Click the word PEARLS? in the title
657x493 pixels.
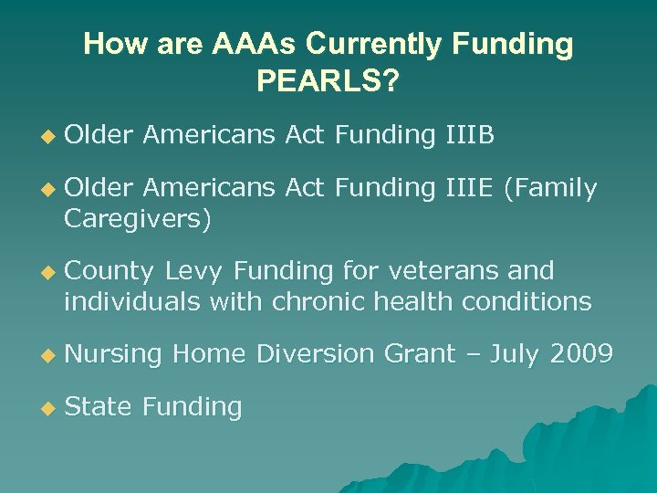[x=328, y=82]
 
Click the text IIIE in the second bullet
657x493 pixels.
[x=469, y=189]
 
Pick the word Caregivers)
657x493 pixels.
[x=137, y=219]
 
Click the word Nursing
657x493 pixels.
[x=113, y=353]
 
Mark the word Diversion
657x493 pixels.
[x=315, y=353]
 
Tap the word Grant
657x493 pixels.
[x=419, y=353]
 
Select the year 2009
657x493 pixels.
[x=581, y=353]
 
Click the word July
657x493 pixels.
[x=512, y=353]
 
